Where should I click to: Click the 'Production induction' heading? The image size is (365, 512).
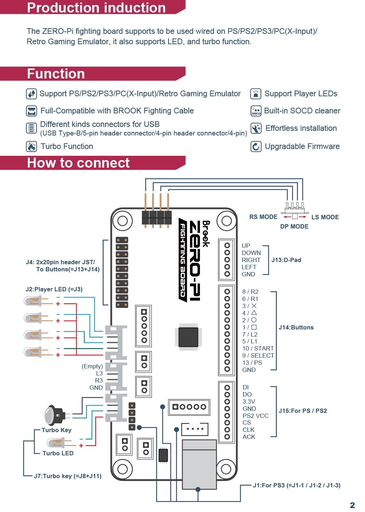(x=96, y=8)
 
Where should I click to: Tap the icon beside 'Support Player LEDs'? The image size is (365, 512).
(x=256, y=94)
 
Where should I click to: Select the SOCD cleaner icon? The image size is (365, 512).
(x=256, y=111)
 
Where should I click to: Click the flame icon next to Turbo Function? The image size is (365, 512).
(x=31, y=147)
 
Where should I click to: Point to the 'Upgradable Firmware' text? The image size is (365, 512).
(x=302, y=147)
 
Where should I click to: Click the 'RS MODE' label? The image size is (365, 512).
(x=263, y=217)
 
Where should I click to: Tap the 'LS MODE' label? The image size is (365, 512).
(x=325, y=217)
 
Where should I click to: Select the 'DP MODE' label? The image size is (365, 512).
(x=294, y=226)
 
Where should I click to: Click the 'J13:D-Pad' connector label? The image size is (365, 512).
(x=286, y=260)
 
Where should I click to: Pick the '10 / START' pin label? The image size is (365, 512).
(x=258, y=348)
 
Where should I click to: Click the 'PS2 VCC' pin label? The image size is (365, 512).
(x=256, y=416)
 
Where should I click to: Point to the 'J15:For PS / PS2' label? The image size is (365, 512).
(x=303, y=411)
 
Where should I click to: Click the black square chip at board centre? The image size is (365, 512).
(x=188, y=337)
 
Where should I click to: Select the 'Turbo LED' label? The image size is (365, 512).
(x=58, y=453)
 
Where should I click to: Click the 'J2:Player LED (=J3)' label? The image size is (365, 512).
(x=54, y=289)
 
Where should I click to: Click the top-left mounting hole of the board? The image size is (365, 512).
(x=123, y=221)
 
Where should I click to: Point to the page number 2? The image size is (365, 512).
(x=352, y=505)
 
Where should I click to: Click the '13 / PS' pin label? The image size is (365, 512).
(x=252, y=363)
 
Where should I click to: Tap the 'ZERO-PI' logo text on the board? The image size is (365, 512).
(x=195, y=261)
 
